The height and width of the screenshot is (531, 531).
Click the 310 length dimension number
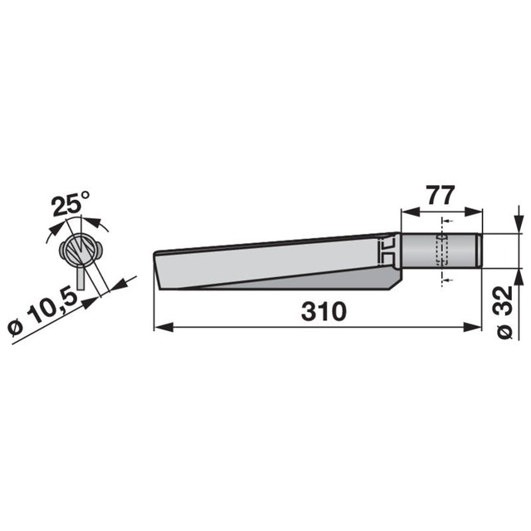[324, 312]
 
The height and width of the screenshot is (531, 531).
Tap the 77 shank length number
[441, 196]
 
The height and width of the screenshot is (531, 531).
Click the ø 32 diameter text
[505, 312]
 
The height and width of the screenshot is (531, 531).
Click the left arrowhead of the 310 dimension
[163, 327]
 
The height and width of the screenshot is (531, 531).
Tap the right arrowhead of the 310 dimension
[472, 327]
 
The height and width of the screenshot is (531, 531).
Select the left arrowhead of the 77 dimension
[410, 212]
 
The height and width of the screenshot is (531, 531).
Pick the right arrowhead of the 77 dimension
[473, 212]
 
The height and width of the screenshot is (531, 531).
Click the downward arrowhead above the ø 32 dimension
[519, 224]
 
